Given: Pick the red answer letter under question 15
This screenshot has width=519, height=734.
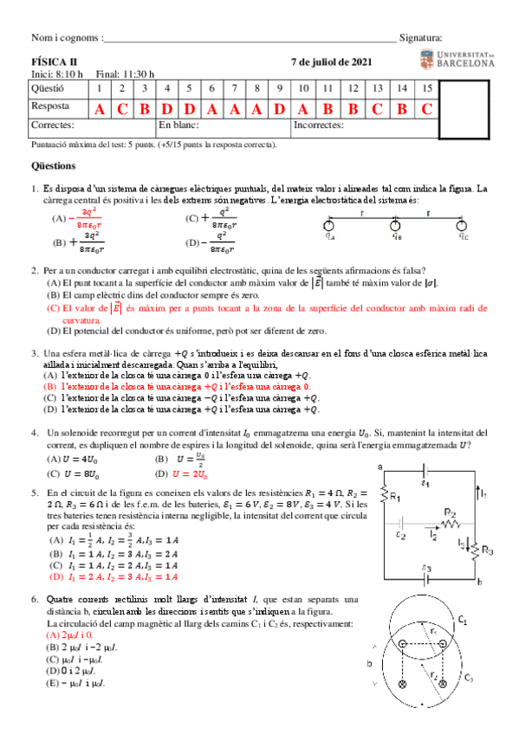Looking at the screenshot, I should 426,109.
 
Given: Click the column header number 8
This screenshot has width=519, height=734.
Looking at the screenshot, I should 256,88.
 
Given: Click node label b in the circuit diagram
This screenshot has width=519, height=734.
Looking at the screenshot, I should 479,583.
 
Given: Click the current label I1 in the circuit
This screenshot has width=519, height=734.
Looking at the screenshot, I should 485,494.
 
